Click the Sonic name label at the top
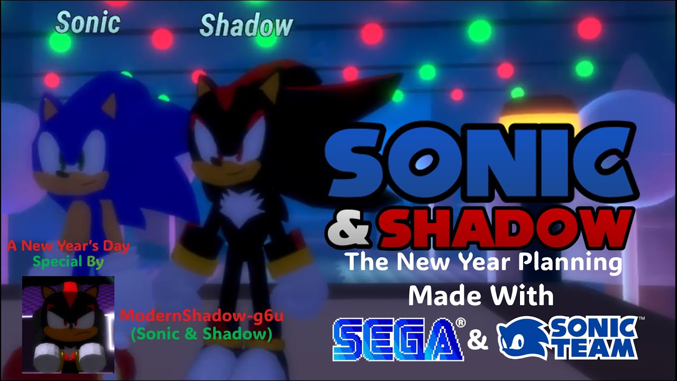tap(88, 23)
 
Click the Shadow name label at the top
tap(246, 25)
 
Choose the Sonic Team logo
tap(568, 338)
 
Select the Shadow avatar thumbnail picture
tap(68, 324)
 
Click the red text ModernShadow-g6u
tap(202, 316)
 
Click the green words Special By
tap(68, 261)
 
